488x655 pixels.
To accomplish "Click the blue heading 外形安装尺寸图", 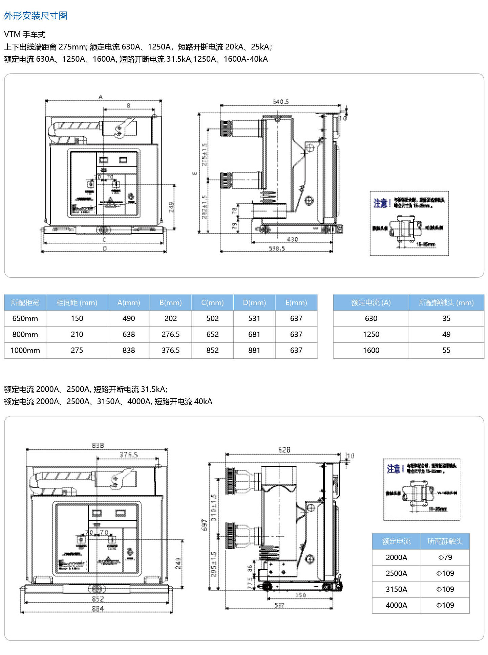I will (36, 16).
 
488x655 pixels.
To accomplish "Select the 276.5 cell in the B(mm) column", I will (170, 334).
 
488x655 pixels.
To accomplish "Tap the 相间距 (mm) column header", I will (77, 302).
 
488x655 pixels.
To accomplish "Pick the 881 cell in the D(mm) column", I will (254, 350).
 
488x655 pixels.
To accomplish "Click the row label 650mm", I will (25, 318).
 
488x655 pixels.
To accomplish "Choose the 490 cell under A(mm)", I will (129, 318).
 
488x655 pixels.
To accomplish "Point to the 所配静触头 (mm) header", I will (446, 302).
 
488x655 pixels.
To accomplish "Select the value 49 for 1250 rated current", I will (446, 334).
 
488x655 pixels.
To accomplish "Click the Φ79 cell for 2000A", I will (445, 557).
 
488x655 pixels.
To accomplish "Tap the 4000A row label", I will (396, 605).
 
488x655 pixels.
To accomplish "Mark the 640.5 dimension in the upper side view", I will (281, 101).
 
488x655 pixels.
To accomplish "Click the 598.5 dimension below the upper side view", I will (277, 249).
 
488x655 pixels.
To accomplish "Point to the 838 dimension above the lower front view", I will (98, 445).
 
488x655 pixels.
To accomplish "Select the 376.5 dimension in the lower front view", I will (129, 454).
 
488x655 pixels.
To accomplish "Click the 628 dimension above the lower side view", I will (284, 450).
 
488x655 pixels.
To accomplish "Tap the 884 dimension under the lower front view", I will (98, 609).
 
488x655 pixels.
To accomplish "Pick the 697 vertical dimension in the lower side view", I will (204, 525).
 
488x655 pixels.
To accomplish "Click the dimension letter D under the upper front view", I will (104, 249).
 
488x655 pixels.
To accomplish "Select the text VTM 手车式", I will (25, 34).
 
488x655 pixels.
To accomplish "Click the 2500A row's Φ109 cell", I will (445, 573).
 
